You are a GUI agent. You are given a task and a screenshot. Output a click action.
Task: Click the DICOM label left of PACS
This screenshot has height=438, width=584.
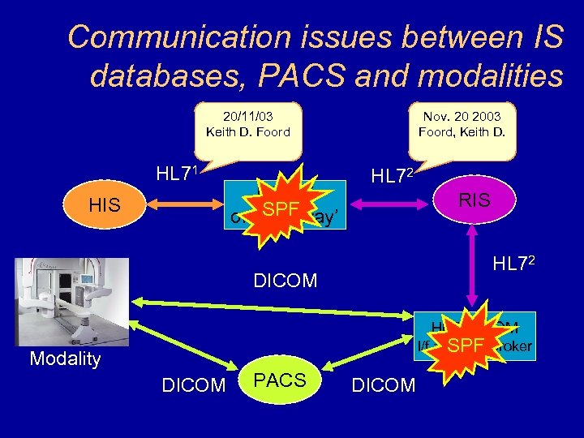point(194,386)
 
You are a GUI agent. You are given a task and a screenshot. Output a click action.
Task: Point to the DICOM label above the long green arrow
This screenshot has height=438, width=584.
point(285,281)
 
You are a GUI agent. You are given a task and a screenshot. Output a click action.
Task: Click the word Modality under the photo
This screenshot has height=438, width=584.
point(65,359)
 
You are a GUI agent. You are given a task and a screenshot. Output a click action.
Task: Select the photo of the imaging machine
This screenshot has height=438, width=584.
point(71,302)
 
